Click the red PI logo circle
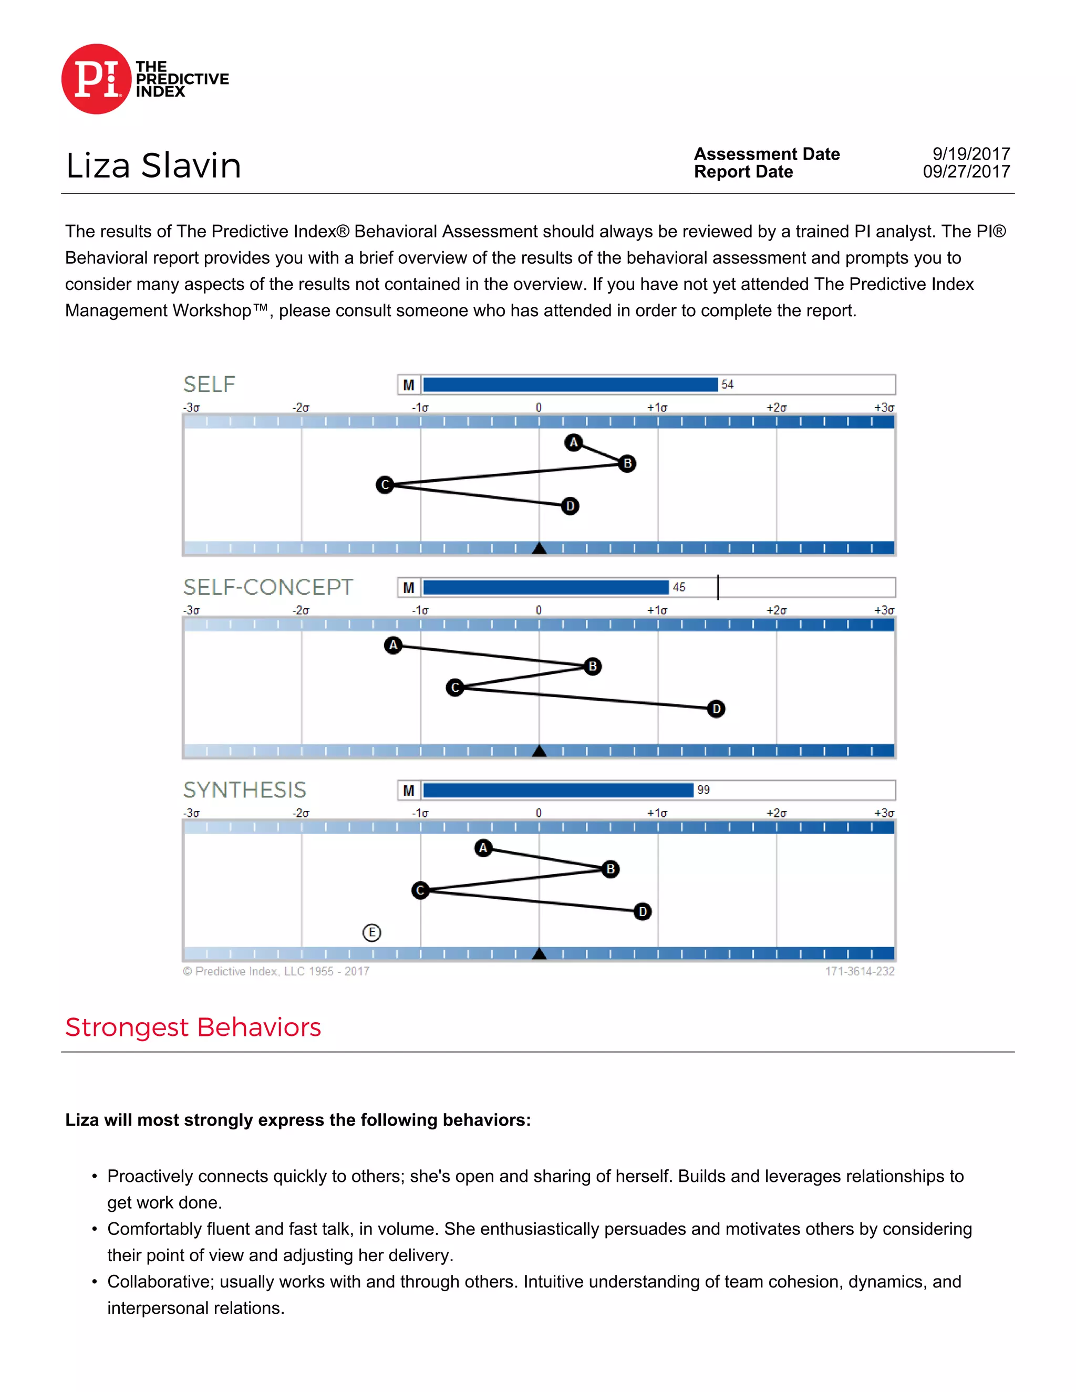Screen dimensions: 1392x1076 (x=96, y=79)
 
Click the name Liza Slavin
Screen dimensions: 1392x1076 (x=153, y=165)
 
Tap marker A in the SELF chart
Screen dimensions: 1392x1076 (x=574, y=442)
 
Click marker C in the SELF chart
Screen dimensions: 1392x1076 (x=385, y=485)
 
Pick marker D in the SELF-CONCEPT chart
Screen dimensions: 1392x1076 (x=716, y=709)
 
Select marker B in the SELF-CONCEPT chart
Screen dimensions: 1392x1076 (x=592, y=666)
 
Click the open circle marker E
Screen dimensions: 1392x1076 (x=371, y=932)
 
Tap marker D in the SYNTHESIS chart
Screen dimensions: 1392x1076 (x=643, y=911)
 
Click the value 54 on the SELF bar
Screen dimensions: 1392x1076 (x=727, y=385)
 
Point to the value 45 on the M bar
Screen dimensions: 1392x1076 (x=679, y=587)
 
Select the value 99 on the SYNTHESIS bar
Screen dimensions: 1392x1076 (x=703, y=790)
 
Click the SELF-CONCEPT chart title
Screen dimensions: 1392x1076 (x=268, y=587)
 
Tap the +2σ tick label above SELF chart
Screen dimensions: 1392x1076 (x=777, y=407)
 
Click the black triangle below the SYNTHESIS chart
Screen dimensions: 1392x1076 (x=539, y=953)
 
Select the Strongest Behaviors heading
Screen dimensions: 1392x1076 (x=193, y=1027)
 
